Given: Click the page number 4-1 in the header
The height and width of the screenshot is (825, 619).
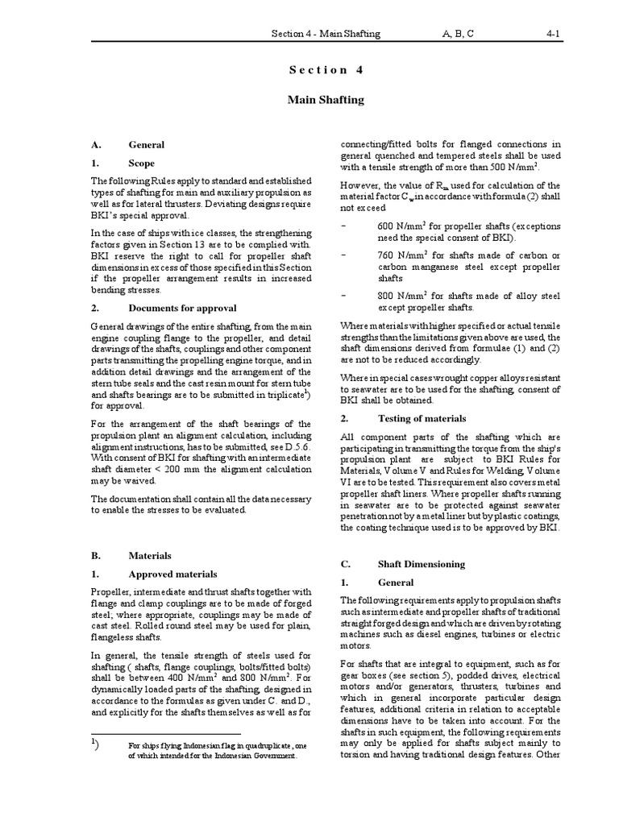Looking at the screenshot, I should point(553,34).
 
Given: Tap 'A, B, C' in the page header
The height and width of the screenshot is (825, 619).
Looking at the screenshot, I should point(457,34).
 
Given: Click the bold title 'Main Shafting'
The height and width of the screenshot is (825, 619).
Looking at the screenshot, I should point(326,100).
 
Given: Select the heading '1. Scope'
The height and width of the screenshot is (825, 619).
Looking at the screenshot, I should point(128,163).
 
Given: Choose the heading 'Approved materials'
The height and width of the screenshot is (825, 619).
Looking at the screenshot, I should point(172,574).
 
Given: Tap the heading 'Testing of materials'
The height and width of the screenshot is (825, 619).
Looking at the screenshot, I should point(422,418).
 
